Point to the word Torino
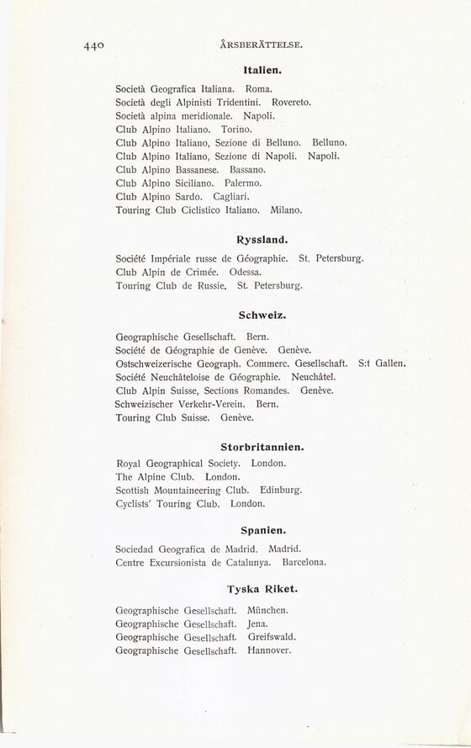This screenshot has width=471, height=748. (236, 130)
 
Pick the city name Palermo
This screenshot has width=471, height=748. (244, 182)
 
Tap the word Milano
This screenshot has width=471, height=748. (286, 209)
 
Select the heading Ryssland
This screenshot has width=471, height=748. (262, 240)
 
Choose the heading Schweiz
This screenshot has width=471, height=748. (262, 316)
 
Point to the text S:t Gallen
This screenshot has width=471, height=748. (383, 363)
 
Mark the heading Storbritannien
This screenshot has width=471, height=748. (262, 448)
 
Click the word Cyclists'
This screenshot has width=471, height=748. (135, 503)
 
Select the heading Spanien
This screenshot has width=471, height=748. (262, 531)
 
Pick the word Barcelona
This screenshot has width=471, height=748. (305, 561)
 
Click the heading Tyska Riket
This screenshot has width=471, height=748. (262, 589)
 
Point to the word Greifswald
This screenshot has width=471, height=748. (271, 637)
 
